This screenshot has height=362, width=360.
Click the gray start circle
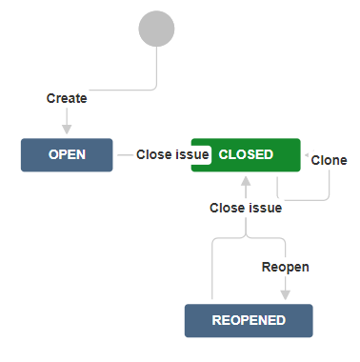[156, 29]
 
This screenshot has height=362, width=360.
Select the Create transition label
[67, 98]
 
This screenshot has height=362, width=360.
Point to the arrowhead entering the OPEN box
[67, 130]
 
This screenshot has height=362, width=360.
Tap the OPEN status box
[67, 155]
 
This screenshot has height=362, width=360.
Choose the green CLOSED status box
[246, 155]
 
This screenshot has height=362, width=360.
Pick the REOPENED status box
[249, 321]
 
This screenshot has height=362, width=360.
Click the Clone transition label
[329, 160]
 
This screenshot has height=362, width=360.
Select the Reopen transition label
[285, 267]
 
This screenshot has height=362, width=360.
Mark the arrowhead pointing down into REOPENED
[286, 295]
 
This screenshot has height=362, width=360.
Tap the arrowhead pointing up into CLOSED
[246, 181]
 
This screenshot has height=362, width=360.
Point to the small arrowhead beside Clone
[307, 155]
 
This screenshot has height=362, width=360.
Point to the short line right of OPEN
[125, 155]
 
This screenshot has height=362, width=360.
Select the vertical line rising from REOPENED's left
[212, 270]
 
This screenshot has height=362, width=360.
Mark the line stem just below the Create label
[67, 116]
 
